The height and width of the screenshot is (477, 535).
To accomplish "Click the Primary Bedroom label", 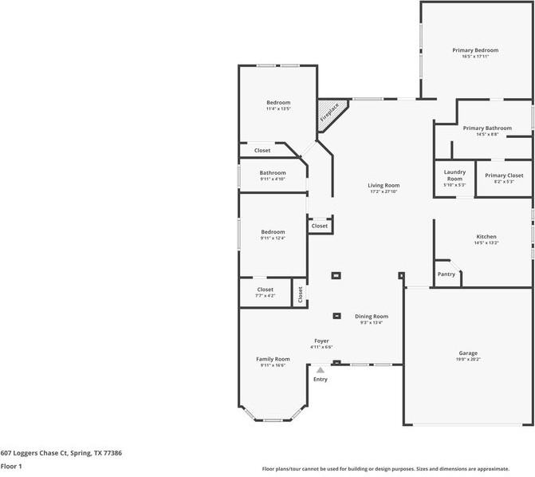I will click(475, 50).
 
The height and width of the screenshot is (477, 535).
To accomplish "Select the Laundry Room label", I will click(454, 175).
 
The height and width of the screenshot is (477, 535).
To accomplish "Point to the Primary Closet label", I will click(504, 175).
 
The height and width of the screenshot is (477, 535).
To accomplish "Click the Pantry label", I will click(446, 274).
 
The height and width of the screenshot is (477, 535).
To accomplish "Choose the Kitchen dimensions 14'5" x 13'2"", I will click(486, 243).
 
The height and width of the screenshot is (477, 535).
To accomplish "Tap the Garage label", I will click(468, 353).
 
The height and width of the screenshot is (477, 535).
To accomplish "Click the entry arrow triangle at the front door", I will click(320, 370).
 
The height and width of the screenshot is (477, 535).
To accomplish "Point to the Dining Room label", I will click(372, 317).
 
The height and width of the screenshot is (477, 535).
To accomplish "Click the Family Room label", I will click(273, 359).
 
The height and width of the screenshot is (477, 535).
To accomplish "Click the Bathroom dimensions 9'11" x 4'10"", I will click(272, 179).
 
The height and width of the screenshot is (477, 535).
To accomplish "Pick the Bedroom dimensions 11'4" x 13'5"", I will click(278, 109).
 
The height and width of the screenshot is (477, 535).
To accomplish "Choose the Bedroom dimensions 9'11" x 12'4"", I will click(272, 238).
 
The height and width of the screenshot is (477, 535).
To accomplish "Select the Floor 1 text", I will click(11, 466).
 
